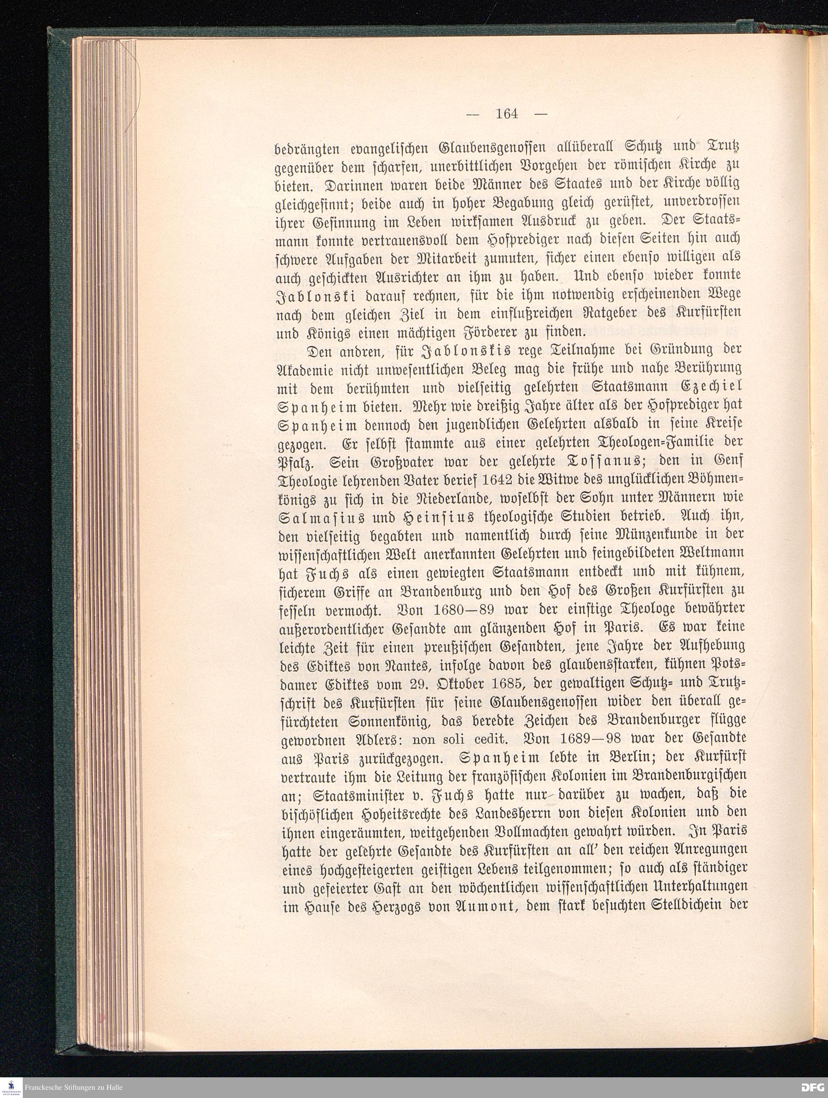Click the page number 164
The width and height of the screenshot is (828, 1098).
click(x=507, y=115)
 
